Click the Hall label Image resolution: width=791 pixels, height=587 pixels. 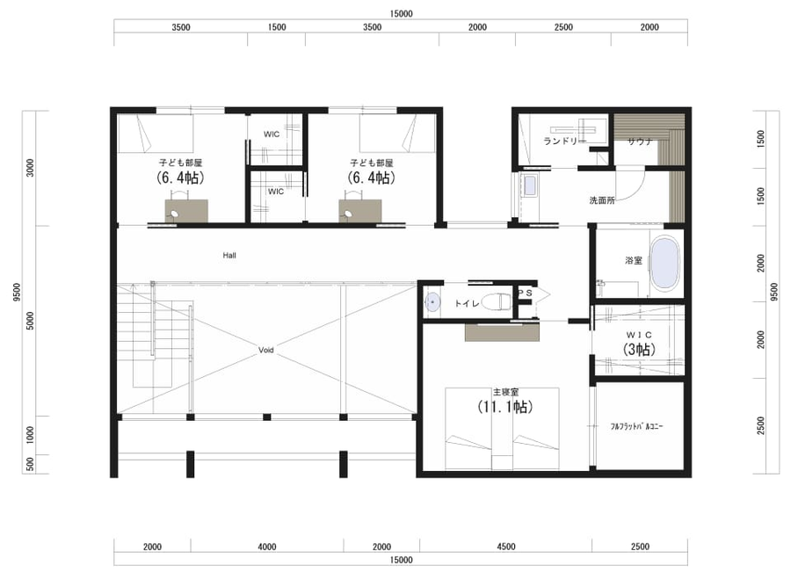[x=229, y=256]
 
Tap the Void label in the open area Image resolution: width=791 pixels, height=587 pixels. [x=265, y=350]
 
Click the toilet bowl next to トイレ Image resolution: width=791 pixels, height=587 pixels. [x=497, y=301]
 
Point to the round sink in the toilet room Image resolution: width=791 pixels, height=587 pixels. [x=432, y=302]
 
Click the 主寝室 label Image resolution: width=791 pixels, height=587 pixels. [x=505, y=392]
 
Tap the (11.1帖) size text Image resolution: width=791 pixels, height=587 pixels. [x=505, y=407]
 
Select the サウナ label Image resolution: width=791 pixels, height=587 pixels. [x=640, y=141]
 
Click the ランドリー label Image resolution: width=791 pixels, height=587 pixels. [x=565, y=141]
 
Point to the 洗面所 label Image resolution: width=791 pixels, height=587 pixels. [x=602, y=200]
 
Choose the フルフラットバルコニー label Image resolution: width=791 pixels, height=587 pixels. [x=636, y=427]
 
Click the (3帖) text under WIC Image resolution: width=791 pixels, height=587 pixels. [x=639, y=349]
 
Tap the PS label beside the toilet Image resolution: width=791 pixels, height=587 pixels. [x=525, y=293]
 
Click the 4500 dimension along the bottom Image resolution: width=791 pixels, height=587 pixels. [x=506, y=547]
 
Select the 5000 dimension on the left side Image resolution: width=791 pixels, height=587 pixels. [x=30, y=322]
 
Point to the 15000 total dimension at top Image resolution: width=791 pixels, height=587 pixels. [x=401, y=14]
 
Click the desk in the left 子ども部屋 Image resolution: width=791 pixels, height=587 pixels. [x=186, y=211]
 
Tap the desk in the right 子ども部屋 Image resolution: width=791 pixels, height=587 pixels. [x=360, y=211]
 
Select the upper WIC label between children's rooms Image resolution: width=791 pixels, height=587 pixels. [x=272, y=134]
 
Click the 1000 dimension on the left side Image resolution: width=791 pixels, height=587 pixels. [x=30, y=435]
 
